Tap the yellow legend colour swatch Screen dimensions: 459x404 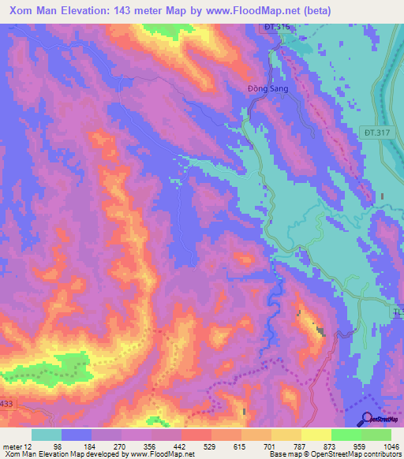tap(316, 435)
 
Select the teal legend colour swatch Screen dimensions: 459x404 tap(47, 435)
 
